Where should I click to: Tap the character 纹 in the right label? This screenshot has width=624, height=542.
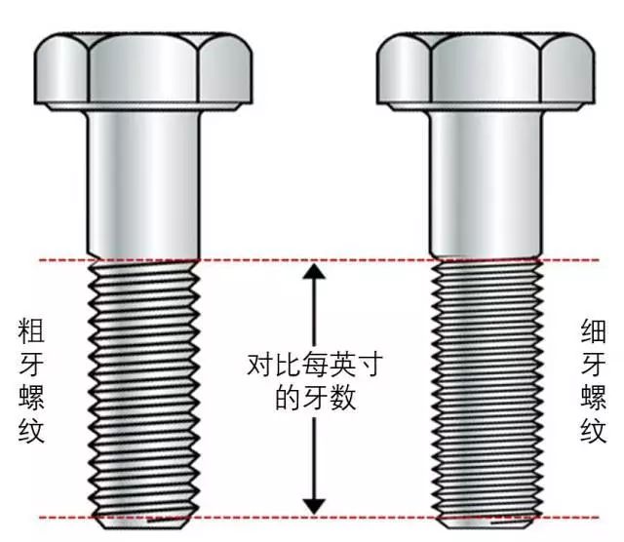tap(593, 432)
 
